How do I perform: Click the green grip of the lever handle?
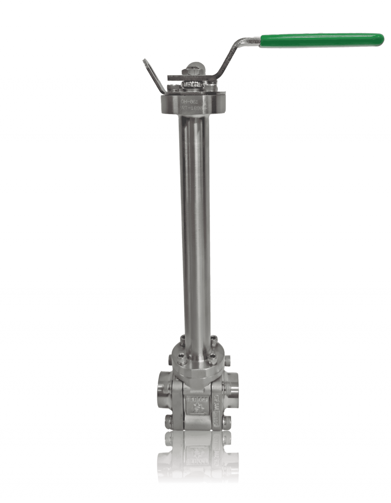[x=321, y=40]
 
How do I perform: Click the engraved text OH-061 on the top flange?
[x=189, y=102]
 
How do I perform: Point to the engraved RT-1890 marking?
[x=192, y=108]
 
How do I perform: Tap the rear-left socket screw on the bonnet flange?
[x=183, y=338]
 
